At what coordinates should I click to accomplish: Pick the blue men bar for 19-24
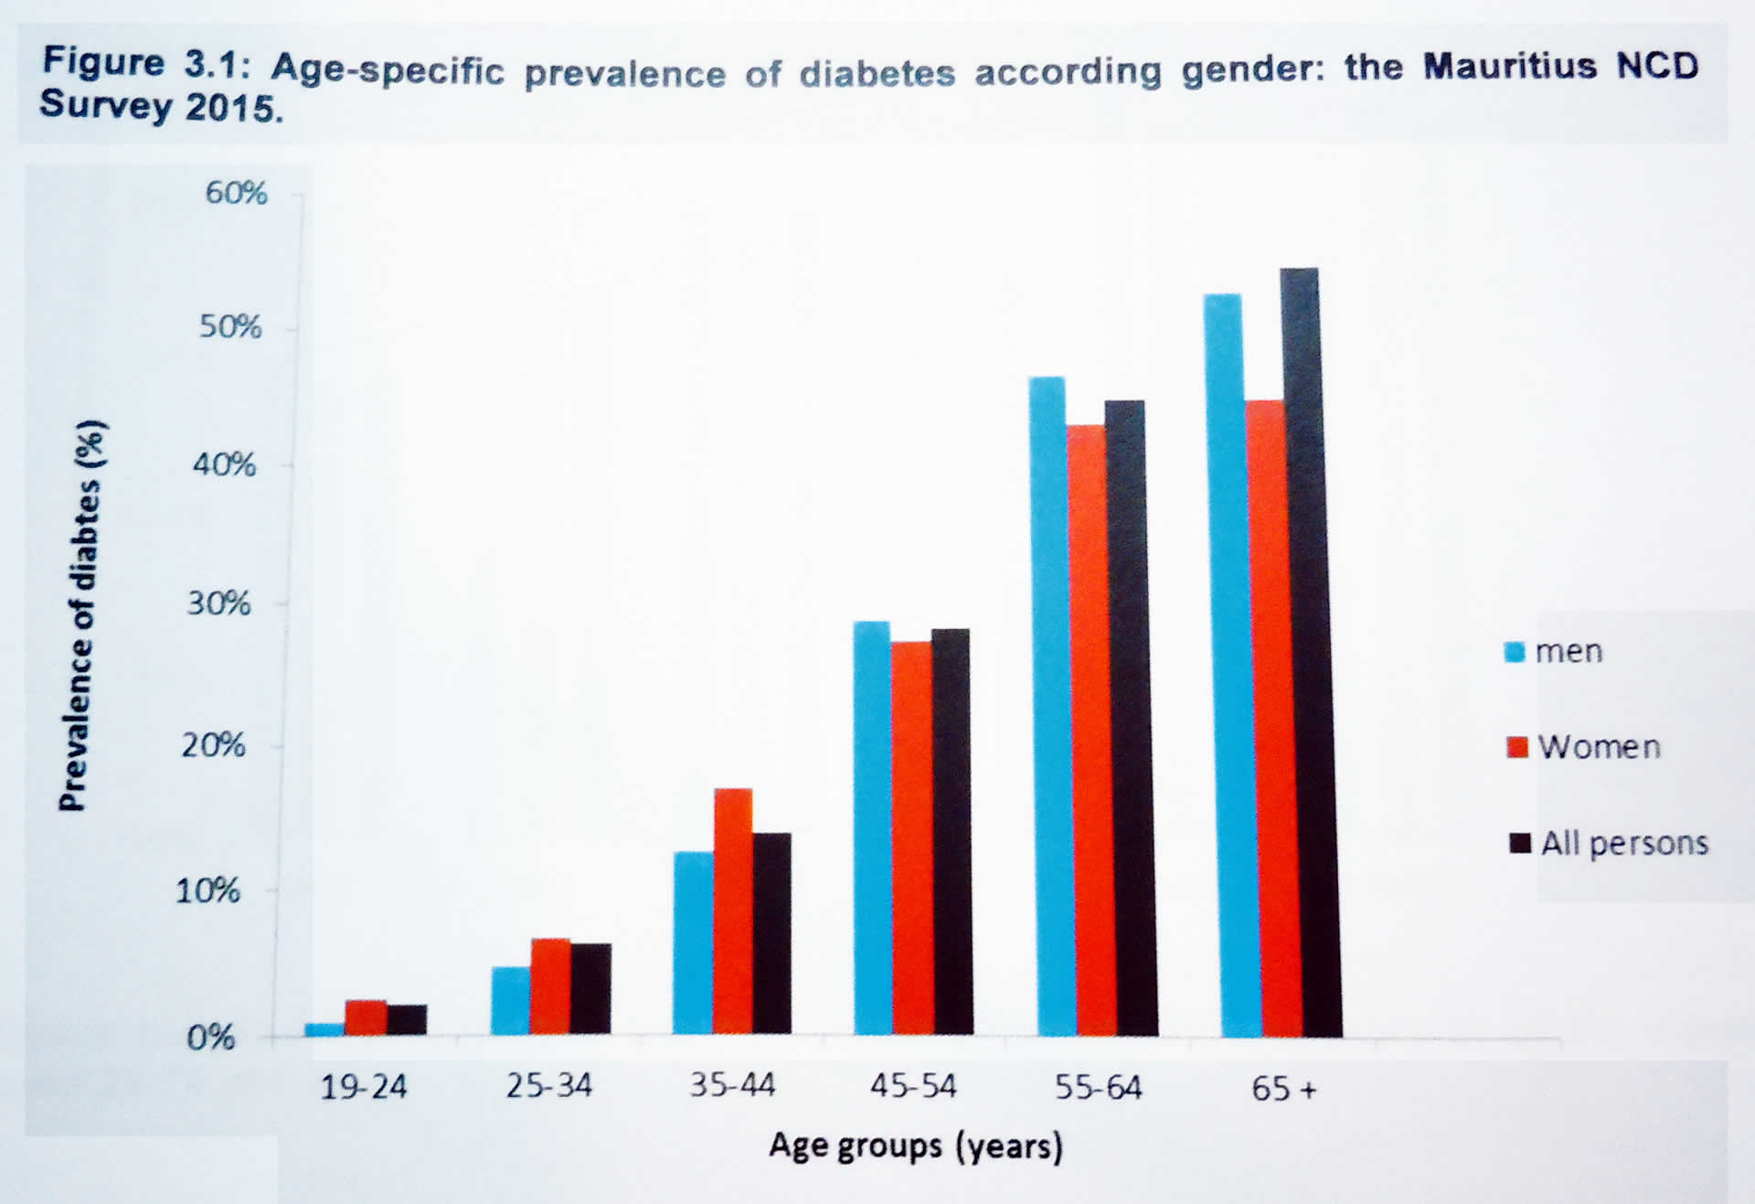(324, 1029)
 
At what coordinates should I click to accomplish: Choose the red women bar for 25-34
(550, 986)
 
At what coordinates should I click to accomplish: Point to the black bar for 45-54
(952, 832)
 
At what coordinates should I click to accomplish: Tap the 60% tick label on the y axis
(236, 193)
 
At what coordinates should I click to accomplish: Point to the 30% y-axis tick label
(218, 603)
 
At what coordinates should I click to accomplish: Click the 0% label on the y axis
(210, 1038)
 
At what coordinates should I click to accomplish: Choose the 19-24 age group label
(363, 1087)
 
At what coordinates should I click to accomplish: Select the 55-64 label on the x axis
(1098, 1088)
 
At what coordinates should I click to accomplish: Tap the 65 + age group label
(1283, 1089)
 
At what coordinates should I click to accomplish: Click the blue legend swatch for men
(1515, 652)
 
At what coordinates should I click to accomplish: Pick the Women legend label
(1599, 747)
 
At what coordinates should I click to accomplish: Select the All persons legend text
(1624, 843)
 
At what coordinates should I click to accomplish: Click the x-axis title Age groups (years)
(915, 1145)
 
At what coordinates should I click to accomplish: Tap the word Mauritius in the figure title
(1509, 67)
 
